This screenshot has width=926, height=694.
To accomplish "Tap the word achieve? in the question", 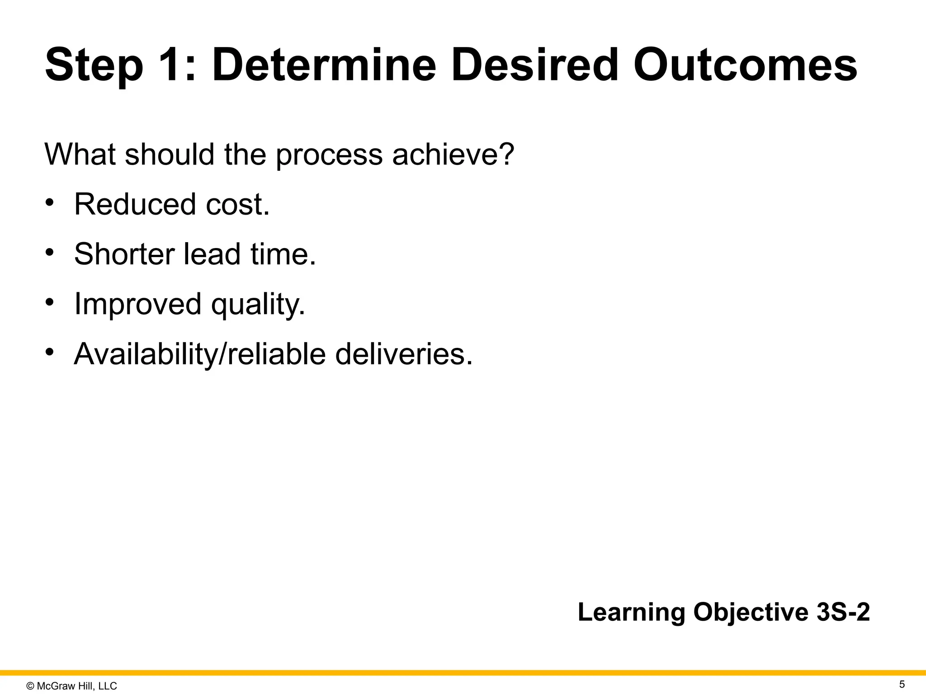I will pyautogui.click(x=453, y=154).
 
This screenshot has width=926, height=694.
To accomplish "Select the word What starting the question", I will pyautogui.click(x=80, y=154).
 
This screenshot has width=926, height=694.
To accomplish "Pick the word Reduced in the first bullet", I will pyautogui.click(x=135, y=204).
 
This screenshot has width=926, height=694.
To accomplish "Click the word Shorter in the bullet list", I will pyautogui.click(x=124, y=254).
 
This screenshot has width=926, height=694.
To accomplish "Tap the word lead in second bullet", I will pyautogui.click(x=212, y=254).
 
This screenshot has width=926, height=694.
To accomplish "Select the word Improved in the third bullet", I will pyautogui.click(x=137, y=305).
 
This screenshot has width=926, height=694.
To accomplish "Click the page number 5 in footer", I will pyautogui.click(x=902, y=685).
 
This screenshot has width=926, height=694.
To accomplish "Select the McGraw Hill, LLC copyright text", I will pyautogui.click(x=72, y=686).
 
